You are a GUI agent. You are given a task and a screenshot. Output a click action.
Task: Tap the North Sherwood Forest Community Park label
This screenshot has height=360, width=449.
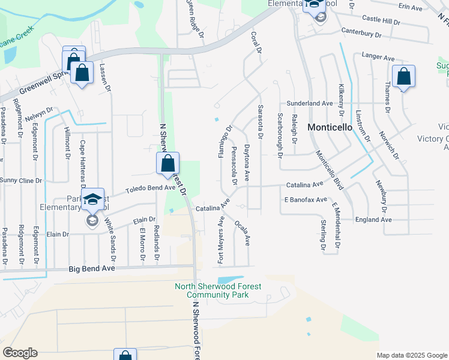pos(218,290)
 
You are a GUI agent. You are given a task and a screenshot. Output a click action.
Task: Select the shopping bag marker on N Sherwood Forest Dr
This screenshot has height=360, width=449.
pos(167,164)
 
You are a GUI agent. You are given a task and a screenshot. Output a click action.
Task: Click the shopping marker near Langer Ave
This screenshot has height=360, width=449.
pos(404,77)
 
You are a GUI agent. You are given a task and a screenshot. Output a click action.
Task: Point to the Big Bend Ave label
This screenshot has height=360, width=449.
pos(91,269)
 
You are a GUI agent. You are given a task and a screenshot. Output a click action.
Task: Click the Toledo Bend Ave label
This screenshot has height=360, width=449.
pos(149,189)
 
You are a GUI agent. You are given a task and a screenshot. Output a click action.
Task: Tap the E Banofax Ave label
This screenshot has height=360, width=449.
pos(306,200)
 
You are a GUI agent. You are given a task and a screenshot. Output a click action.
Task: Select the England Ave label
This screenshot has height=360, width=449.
pos(373,220)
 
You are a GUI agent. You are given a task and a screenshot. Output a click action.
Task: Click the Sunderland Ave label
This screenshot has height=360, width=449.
pos(309,103)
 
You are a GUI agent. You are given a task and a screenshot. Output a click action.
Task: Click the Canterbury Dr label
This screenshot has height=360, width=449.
pos(361,31)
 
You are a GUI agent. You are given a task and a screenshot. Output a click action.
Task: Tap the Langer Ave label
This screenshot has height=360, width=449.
pos(378,57)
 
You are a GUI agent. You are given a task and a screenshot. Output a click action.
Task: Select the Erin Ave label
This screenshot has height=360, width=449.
pos(411,7)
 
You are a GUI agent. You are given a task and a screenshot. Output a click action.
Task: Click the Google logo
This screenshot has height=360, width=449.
pos(20,353)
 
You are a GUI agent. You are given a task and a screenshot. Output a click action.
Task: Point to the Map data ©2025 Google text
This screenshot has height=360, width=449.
pos(412,355)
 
